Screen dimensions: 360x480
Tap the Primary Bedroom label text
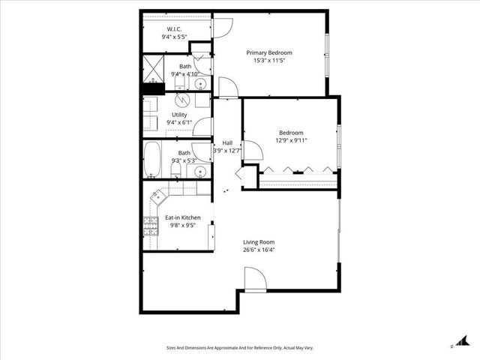point(269,52)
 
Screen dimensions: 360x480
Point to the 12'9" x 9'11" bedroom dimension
point(292,139)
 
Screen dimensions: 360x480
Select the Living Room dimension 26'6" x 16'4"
point(258,250)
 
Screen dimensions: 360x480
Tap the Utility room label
point(178,115)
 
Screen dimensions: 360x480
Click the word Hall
point(227,142)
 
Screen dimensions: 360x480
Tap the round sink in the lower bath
point(199,172)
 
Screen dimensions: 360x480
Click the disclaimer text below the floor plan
point(239,348)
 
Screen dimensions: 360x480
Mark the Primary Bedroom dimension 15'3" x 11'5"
point(269,61)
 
